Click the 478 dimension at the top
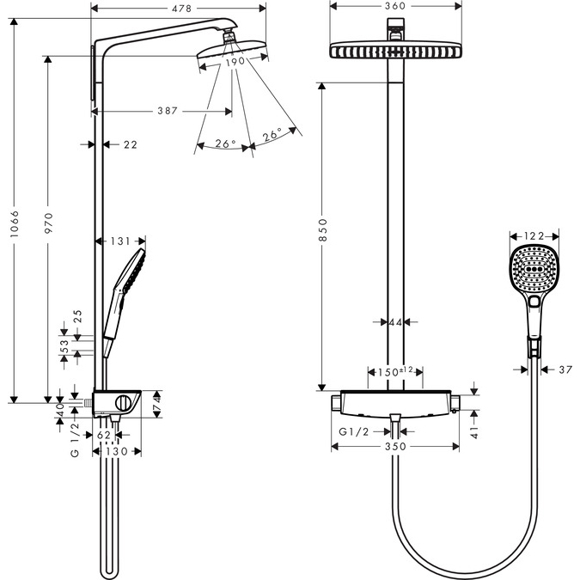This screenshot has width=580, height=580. (x=179, y=9)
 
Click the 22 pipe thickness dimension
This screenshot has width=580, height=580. (x=130, y=145)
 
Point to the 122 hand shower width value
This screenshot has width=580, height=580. (x=534, y=235)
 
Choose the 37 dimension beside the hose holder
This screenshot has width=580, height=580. (x=564, y=369)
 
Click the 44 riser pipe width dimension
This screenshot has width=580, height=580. (x=395, y=322)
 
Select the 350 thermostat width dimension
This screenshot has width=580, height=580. (x=394, y=447)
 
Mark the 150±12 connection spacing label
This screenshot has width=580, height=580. (x=395, y=371)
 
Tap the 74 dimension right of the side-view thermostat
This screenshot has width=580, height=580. (x=156, y=400)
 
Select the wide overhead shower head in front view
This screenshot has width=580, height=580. (x=394, y=51)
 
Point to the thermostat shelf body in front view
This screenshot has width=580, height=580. (x=394, y=401)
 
